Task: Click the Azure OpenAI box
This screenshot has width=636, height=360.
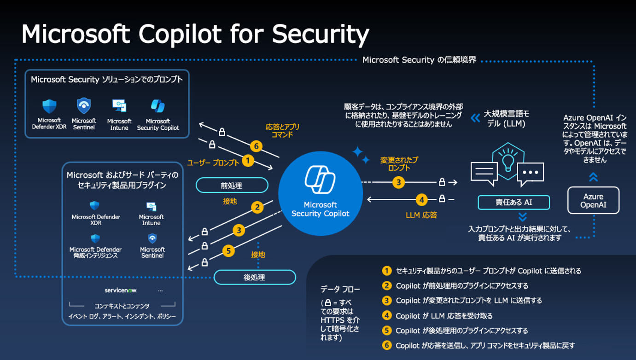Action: (x=593, y=200)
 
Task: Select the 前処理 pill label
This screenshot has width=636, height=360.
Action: (x=232, y=186)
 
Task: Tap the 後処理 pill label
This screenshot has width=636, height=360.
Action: (x=254, y=277)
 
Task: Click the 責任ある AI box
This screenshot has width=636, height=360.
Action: (x=513, y=203)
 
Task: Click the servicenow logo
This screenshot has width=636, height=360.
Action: (x=121, y=290)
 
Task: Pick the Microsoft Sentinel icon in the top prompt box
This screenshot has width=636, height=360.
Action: (x=84, y=106)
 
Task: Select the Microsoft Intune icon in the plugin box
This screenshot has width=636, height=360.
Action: (x=152, y=206)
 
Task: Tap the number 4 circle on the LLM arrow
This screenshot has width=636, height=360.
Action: (x=421, y=200)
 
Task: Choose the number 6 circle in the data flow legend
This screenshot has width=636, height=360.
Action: (x=387, y=345)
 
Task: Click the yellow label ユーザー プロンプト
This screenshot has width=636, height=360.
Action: (x=213, y=163)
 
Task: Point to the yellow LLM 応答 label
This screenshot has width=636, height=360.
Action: (x=421, y=215)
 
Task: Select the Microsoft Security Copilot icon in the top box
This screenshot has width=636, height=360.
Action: (x=158, y=106)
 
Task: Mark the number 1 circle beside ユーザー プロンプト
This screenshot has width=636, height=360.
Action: (x=248, y=161)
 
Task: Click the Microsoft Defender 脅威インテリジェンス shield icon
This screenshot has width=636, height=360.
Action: (x=95, y=238)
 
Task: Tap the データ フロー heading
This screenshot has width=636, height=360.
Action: (x=340, y=289)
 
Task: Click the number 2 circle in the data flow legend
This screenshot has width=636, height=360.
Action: (x=387, y=285)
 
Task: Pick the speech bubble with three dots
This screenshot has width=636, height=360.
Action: (x=530, y=173)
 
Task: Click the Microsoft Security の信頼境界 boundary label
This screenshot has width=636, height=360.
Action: (x=419, y=60)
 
